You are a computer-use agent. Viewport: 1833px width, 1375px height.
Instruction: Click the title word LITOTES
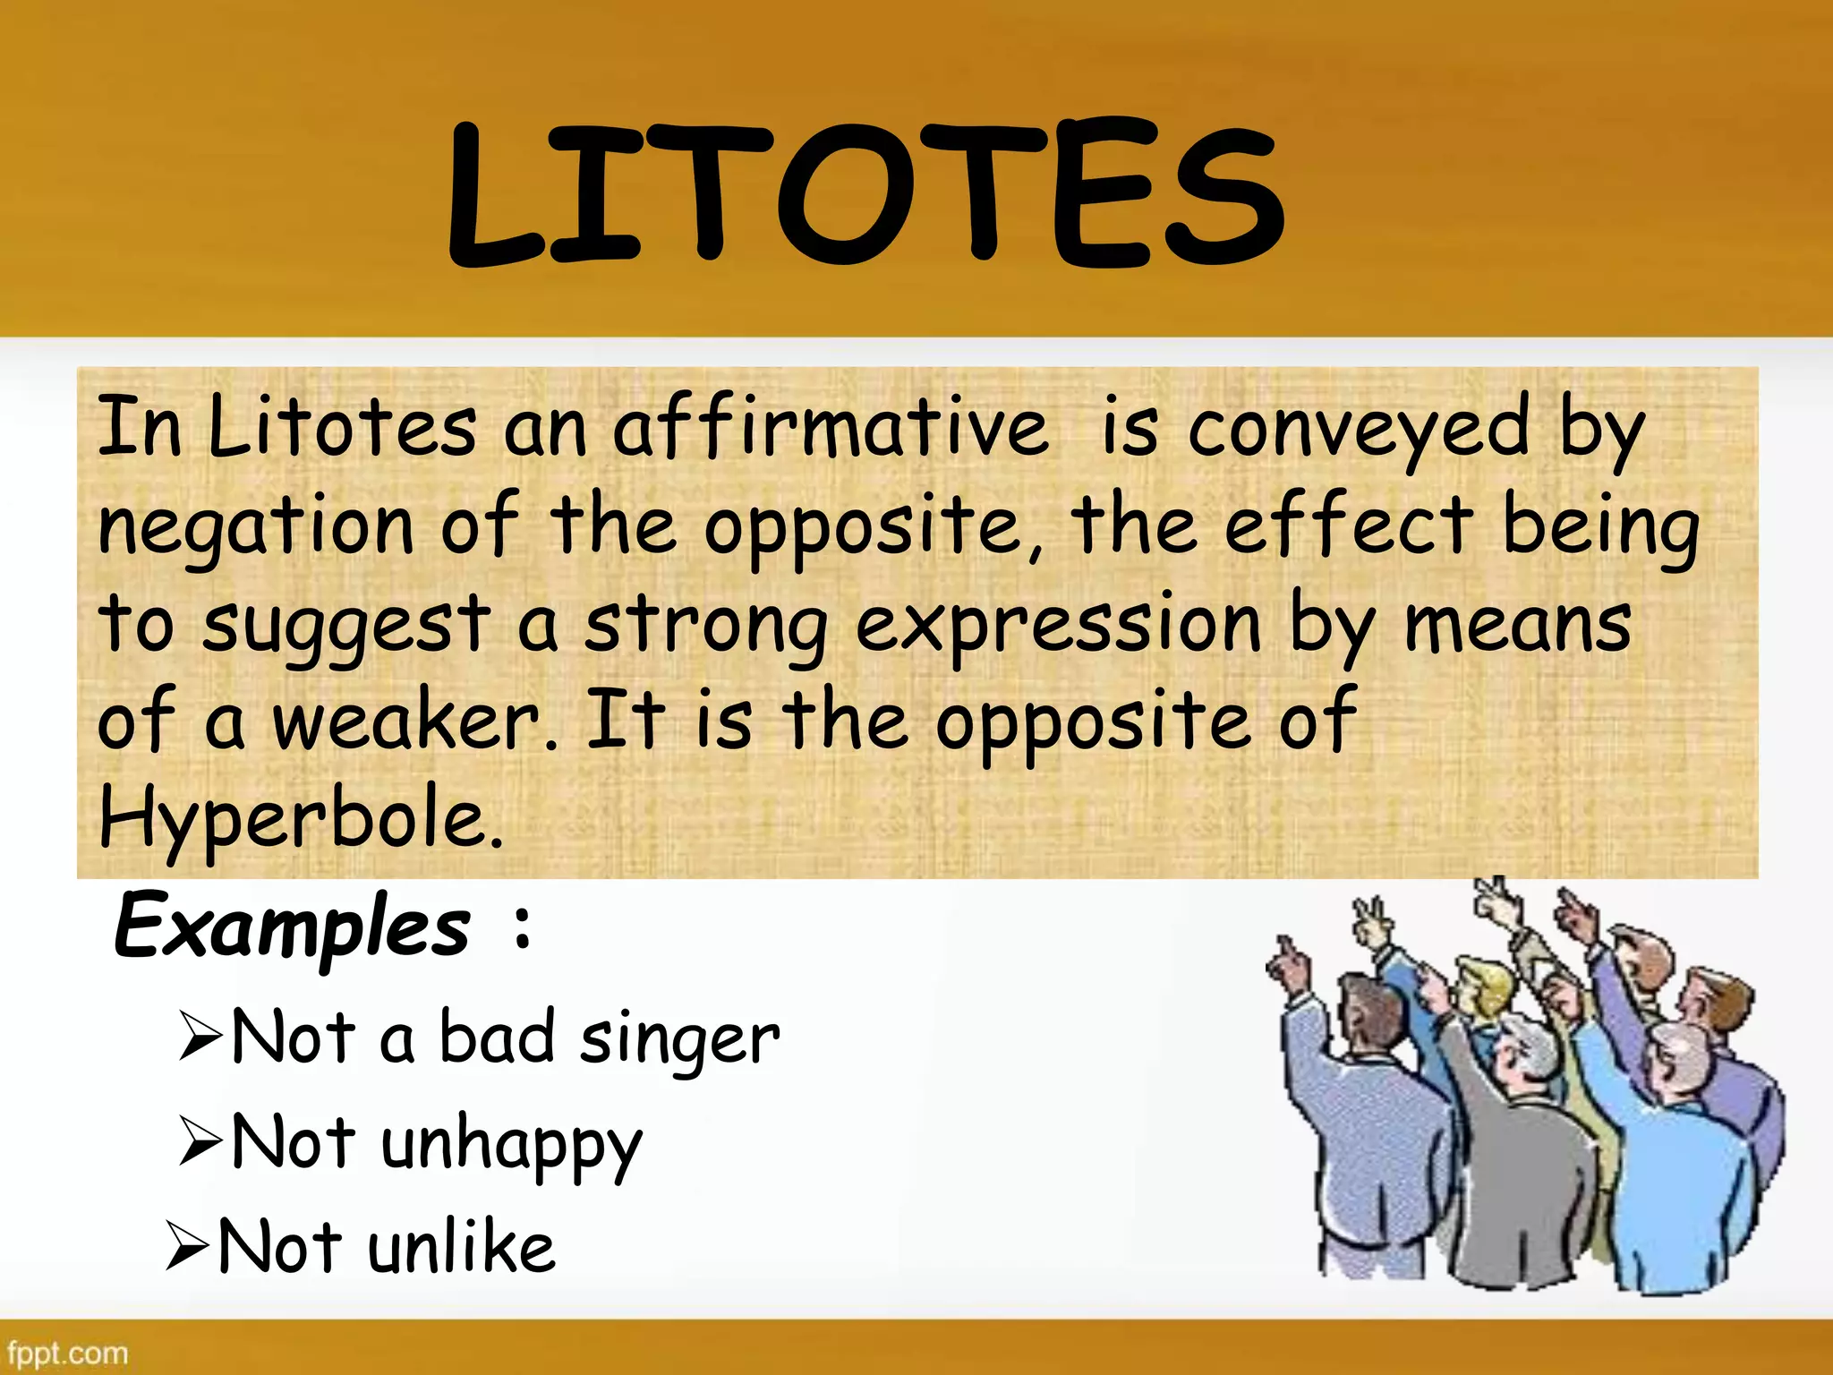click(866, 192)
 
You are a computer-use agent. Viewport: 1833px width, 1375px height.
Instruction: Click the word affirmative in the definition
click(830, 428)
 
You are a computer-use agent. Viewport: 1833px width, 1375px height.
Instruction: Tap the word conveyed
click(1359, 428)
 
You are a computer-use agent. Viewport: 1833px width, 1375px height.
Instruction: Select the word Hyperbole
click(300, 818)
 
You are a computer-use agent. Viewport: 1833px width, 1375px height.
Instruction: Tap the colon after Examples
click(524, 927)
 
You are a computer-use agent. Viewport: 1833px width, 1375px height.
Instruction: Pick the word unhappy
click(511, 1145)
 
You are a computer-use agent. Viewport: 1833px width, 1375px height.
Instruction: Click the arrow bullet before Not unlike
click(186, 1246)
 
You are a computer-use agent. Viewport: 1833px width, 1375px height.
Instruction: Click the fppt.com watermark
click(67, 1353)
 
